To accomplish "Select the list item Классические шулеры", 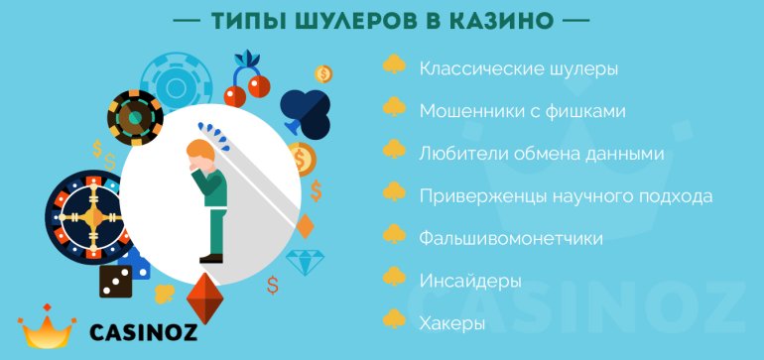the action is click(519, 69).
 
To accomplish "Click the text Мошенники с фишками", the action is click(522, 111).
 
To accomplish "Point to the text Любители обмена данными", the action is click(542, 155).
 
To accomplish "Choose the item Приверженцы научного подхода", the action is click(567, 196).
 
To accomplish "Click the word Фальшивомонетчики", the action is click(511, 239).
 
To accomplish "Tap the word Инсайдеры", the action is click(470, 282).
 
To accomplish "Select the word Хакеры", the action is click(452, 324).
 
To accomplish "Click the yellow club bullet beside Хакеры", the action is click(394, 319).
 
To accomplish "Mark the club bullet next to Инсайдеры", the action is click(394, 277).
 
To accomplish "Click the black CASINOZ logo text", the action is click(144, 333).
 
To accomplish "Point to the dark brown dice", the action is click(116, 282).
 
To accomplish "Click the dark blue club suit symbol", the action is click(306, 112).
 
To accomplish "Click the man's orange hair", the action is click(200, 149).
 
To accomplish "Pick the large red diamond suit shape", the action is click(205, 299).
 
